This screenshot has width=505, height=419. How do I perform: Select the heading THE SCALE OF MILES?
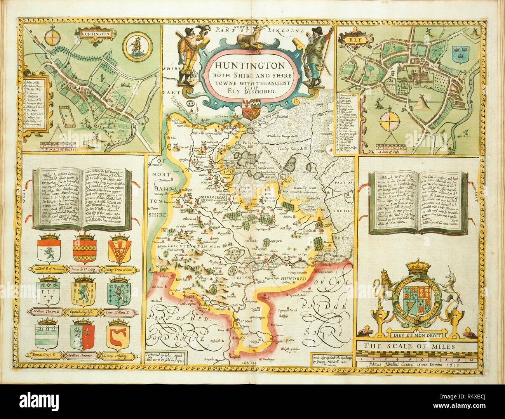coord(414,346)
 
